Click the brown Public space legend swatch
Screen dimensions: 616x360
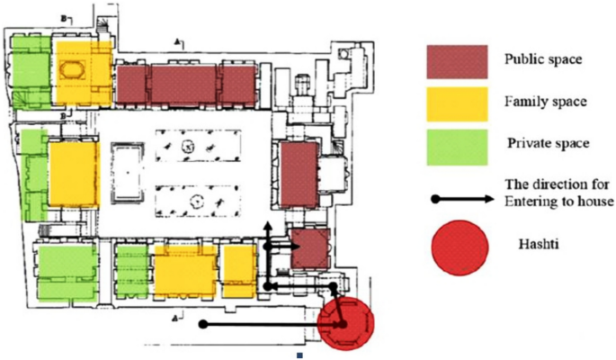tap(457, 61)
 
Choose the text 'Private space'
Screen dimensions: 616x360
tap(548, 142)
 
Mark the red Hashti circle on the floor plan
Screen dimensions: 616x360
tap(344, 321)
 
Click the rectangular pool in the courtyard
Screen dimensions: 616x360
tap(127, 171)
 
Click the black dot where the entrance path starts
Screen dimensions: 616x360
tap(204, 322)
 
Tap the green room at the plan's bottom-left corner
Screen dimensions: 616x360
tap(66, 270)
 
